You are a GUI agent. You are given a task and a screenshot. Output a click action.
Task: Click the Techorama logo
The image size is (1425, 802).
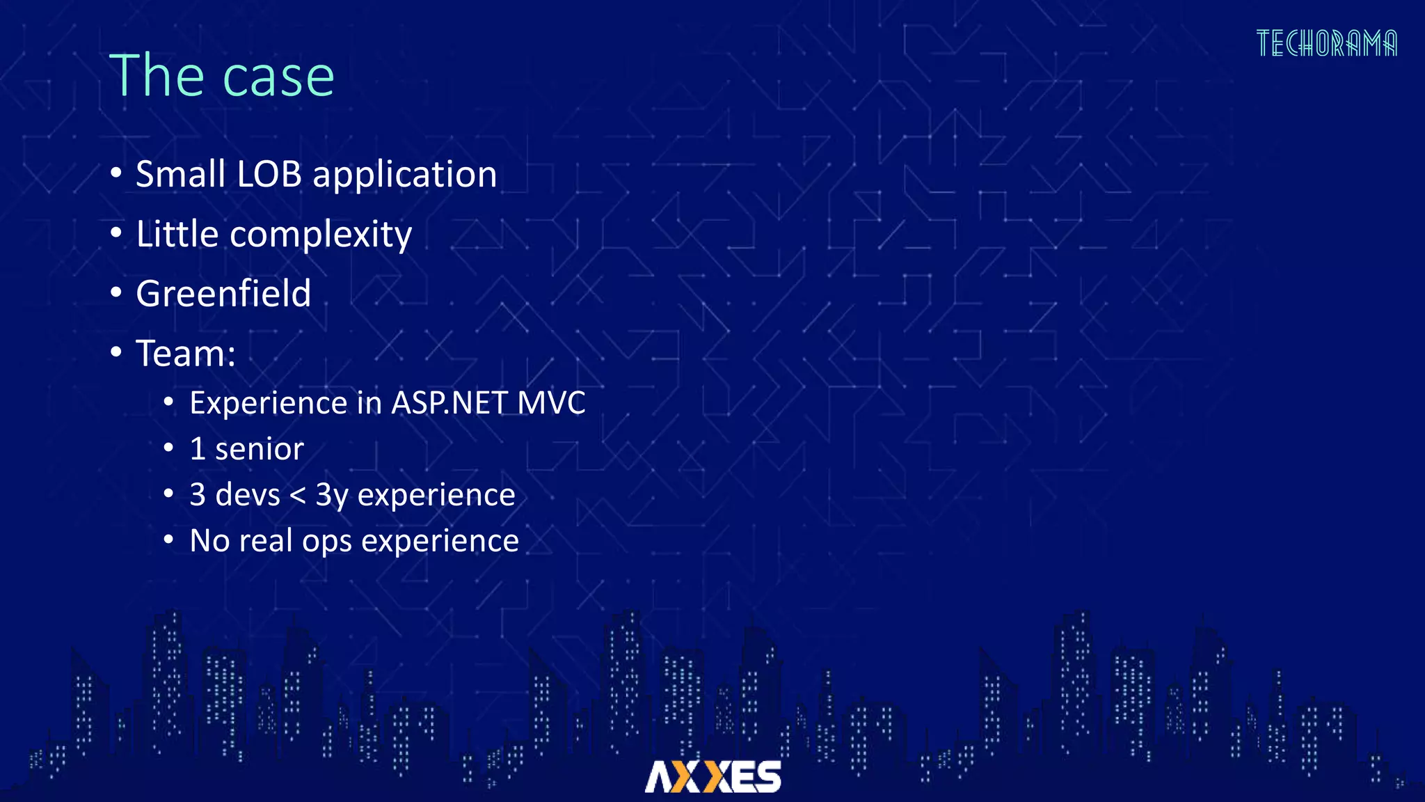pos(1326,43)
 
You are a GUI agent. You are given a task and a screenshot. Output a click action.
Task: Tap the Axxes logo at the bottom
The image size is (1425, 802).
pos(712,776)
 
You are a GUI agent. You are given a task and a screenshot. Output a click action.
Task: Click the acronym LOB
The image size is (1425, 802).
pos(269,174)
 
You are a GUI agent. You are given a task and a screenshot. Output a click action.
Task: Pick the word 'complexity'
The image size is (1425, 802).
pos(321,235)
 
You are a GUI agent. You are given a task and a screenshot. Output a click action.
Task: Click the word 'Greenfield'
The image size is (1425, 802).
pos(223,293)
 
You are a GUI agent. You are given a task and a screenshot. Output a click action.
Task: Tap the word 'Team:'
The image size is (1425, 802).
pos(186,354)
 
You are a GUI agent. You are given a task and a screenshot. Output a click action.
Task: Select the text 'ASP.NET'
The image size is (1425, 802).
pos(449,403)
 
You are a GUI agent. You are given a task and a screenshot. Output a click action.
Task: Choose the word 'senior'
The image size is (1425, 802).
pos(260,449)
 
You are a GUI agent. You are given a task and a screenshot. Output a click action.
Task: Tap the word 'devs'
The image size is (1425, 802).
pos(248,495)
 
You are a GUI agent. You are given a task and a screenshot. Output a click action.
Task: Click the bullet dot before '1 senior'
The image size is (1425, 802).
pos(168,448)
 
